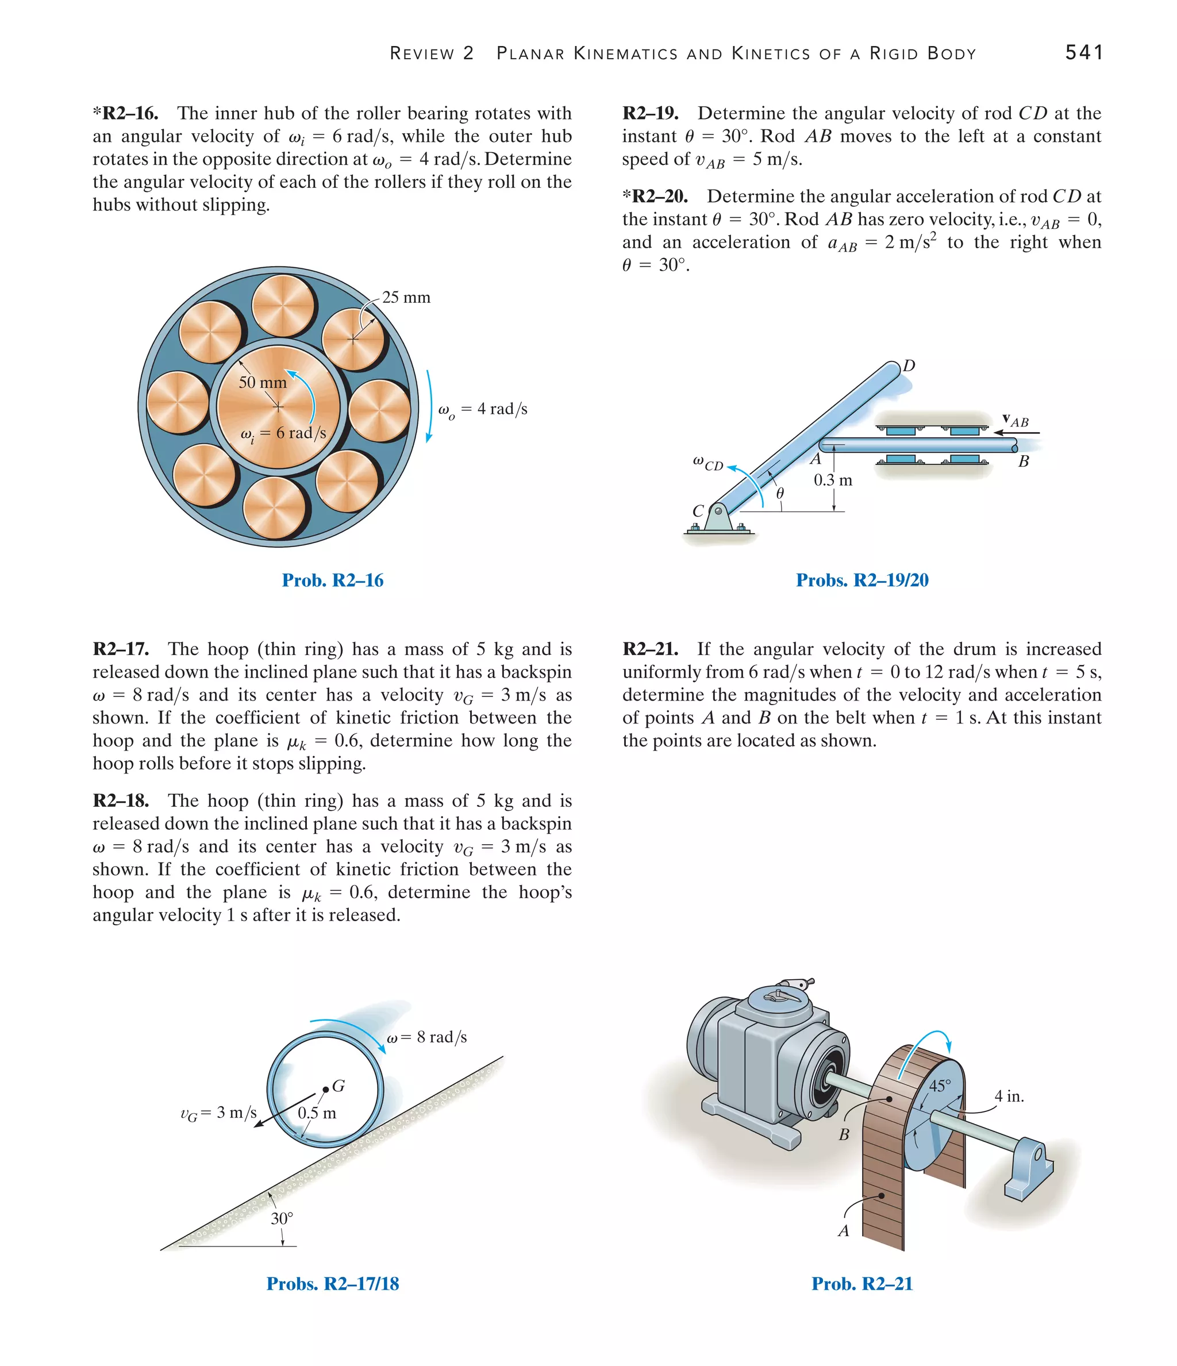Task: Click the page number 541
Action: click(1083, 52)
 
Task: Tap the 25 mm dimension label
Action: click(406, 297)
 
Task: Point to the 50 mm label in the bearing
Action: click(263, 382)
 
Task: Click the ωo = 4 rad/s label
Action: click(483, 409)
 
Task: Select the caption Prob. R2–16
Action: click(332, 580)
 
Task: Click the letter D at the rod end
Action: click(909, 366)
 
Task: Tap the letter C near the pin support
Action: click(698, 511)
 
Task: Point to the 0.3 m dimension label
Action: click(833, 480)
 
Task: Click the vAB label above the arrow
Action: click(1016, 421)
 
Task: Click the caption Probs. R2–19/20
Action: click(862, 580)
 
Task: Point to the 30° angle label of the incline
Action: click(282, 1218)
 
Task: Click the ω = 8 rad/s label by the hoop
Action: click(426, 1037)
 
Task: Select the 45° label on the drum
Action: click(940, 1086)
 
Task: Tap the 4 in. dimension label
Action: click(1009, 1096)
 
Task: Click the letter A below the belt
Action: click(843, 1231)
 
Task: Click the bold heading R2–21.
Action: click(650, 649)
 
